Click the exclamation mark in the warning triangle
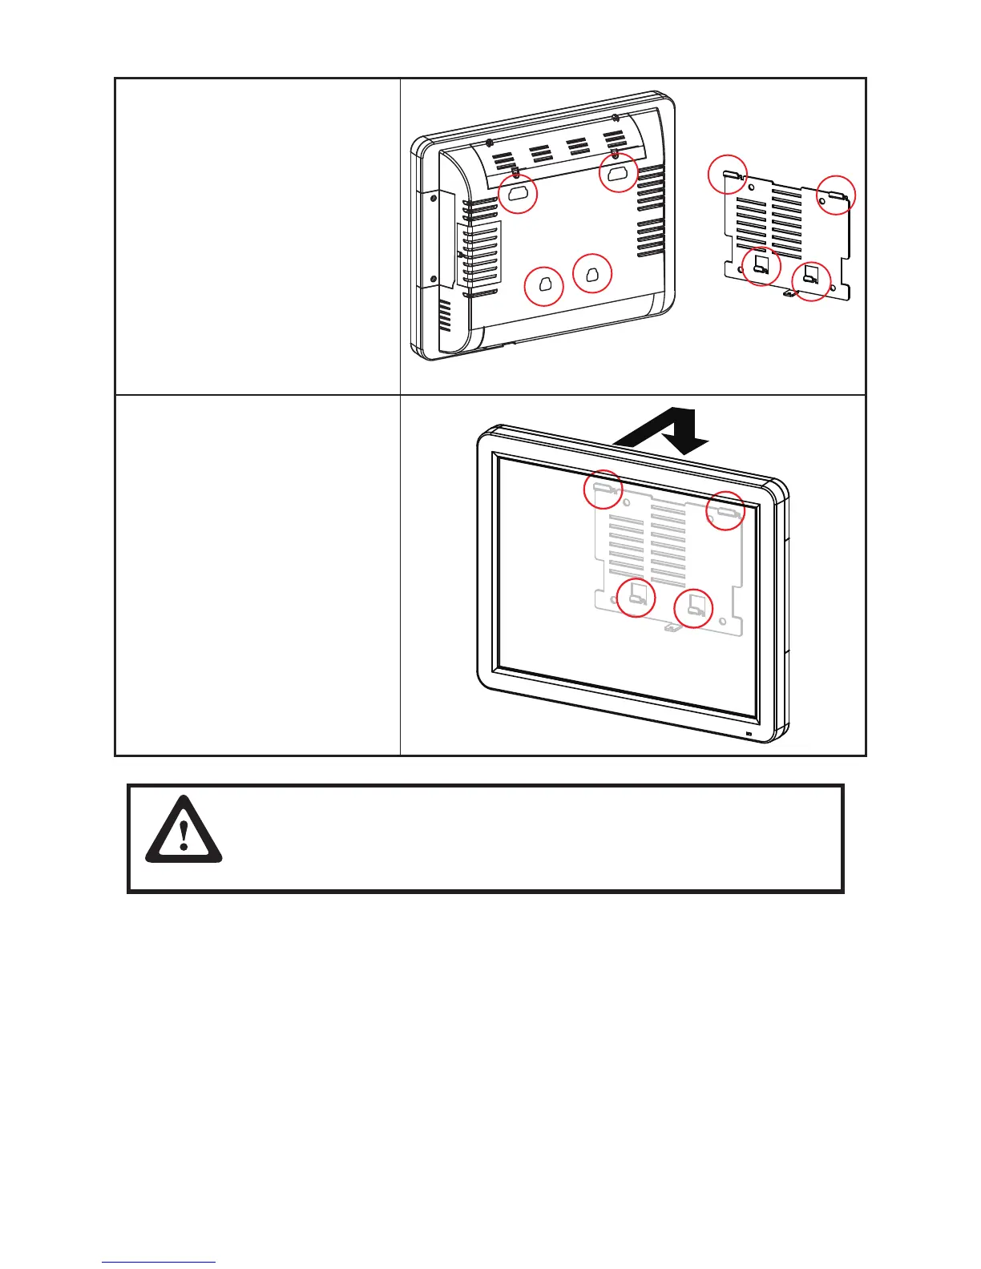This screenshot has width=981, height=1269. [x=184, y=834]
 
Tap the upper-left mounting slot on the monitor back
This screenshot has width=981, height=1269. [x=517, y=193]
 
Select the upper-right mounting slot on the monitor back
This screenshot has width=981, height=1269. [x=617, y=173]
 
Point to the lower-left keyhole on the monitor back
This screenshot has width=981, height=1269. [x=544, y=286]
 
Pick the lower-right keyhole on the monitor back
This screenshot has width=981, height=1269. [x=592, y=274]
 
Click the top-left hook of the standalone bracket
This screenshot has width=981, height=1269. [x=729, y=174]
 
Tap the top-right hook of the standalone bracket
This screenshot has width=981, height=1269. [x=836, y=195]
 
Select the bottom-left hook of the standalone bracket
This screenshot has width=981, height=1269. [x=761, y=267]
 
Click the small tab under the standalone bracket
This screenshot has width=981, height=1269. [x=789, y=294]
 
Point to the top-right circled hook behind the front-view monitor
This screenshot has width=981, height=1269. [x=725, y=510]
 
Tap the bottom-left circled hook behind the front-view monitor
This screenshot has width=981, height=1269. [x=636, y=597]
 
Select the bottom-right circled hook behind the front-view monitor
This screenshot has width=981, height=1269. [x=694, y=609]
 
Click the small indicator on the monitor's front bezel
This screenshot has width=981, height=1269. [x=749, y=735]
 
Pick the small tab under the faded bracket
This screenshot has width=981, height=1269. [x=671, y=629]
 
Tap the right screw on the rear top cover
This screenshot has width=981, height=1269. [x=613, y=119]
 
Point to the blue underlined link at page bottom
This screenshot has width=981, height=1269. [x=159, y=1263]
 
